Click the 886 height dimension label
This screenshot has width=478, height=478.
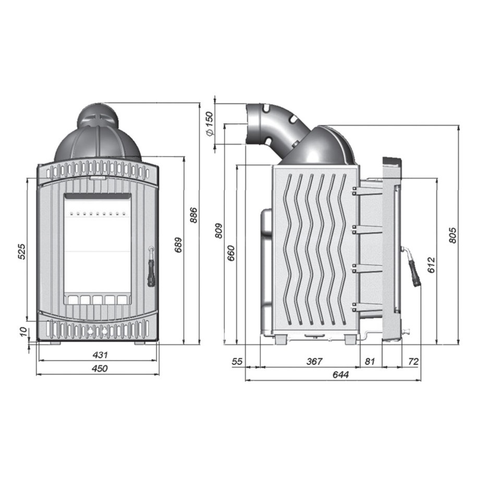click(x=193, y=215)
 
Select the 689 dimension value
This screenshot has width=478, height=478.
click(x=178, y=245)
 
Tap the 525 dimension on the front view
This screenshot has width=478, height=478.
click(x=22, y=251)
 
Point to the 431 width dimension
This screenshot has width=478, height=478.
click(x=100, y=355)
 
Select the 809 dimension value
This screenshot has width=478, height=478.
click(x=219, y=231)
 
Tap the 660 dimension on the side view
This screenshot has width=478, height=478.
click(x=231, y=253)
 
